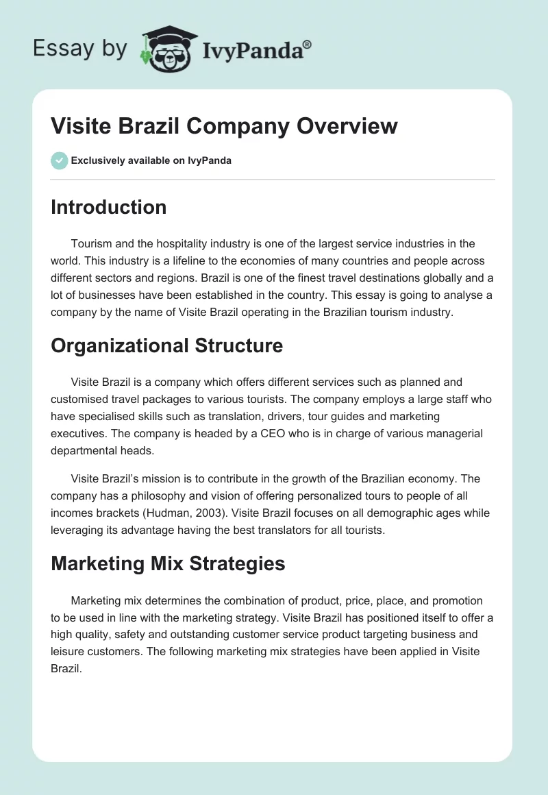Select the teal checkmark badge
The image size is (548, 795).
[59, 160]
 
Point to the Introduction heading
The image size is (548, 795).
[108, 207]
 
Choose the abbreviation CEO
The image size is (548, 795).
[272, 433]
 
